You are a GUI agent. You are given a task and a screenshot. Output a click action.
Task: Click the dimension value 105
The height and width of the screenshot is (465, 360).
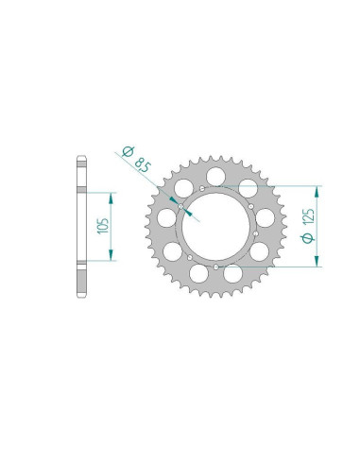click(x=103, y=226)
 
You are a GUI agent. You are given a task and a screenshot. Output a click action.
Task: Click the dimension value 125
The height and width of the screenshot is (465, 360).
click(x=308, y=216)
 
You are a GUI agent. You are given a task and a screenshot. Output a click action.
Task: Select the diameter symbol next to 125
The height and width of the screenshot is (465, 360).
click(x=308, y=238)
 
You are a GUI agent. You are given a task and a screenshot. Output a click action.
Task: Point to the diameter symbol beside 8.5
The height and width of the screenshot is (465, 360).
click(x=128, y=151)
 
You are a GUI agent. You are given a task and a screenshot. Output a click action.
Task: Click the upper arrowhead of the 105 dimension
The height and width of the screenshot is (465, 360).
click(x=111, y=198)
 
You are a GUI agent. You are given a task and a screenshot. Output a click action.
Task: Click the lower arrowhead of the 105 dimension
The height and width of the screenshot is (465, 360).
click(x=111, y=255)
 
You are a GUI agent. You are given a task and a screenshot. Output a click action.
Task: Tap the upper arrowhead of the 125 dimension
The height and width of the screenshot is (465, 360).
click(x=317, y=192)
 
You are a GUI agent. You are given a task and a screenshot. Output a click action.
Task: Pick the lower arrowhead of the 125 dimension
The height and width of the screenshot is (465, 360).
click(x=317, y=261)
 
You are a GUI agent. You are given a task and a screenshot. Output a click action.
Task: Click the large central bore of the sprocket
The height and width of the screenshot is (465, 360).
click(x=215, y=226)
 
